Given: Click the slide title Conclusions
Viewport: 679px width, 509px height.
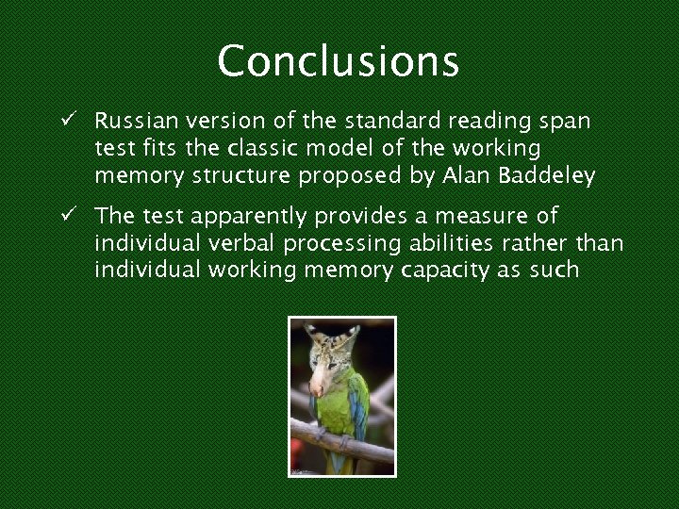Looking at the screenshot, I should (339, 61).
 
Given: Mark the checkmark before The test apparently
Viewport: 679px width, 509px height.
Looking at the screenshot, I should (70, 216).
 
